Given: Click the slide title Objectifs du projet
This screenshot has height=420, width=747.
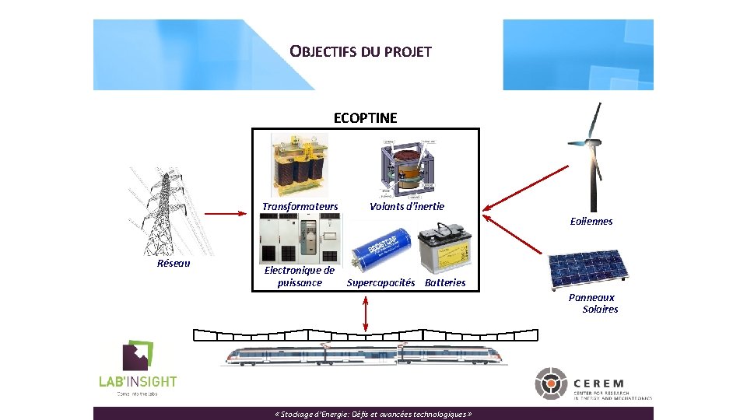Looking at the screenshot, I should pyautogui.click(x=360, y=52).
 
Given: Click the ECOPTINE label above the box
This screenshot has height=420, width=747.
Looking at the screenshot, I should pyautogui.click(x=365, y=118).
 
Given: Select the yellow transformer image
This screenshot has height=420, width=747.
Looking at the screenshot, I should pyautogui.click(x=299, y=166).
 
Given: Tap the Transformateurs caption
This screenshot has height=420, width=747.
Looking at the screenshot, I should pyautogui.click(x=300, y=207).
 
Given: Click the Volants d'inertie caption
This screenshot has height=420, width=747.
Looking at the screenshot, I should pyautogui.click(x=407, y=206).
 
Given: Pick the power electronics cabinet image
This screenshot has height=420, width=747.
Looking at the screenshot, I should pyautogui.click(x=300, y=240).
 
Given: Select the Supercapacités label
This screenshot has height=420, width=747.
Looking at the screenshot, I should pyautogui.click(x=381, y=282).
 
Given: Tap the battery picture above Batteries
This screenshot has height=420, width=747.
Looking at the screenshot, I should pyautogui.click(x=444, y=248).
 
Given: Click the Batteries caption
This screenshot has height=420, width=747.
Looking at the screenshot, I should pyautogui.click(x=445, y=282).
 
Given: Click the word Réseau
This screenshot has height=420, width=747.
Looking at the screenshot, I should pyautogui.click(x=174, y=263).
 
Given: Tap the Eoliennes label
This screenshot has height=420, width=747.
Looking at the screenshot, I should pyautogui.click(x=591, y=222).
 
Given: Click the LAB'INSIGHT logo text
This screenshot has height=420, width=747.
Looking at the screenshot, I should pyautogui.click(x=138, y=381).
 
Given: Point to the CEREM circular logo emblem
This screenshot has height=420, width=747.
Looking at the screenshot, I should pyautogui.click(x=552, y=383).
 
